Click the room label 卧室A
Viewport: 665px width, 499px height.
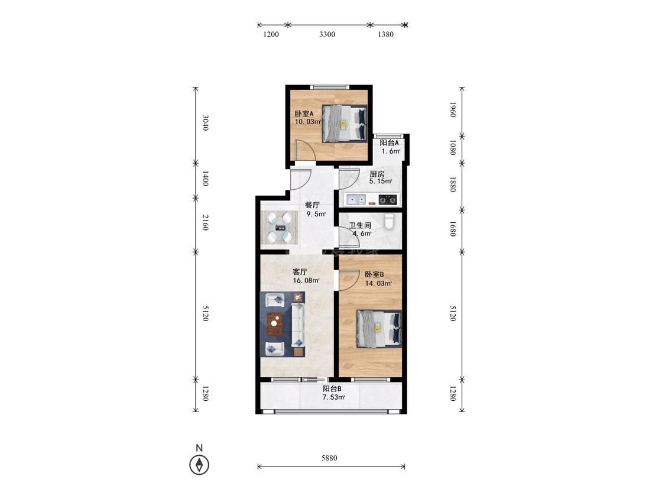click(304, 114)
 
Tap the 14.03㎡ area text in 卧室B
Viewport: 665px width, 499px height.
click(378, 283)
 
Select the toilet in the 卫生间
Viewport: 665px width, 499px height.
click(390, 221)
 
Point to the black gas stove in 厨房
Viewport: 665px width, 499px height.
click(388, 199)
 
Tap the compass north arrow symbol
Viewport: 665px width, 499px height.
click(199, 464)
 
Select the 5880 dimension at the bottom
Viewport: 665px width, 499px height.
click(329, 458)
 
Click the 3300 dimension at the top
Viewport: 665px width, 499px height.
click(327, 34)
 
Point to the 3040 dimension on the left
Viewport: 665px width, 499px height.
click(205, 122)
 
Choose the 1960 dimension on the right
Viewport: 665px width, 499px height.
click(452, 109)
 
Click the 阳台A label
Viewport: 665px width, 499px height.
click(389, 143)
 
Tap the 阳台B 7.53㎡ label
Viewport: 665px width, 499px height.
click(333, 393)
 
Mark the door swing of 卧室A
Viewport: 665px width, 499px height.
click(306, 150)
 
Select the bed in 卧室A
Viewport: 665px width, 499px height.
click(344, 124)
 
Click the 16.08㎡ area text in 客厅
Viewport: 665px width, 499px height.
click(306, 280)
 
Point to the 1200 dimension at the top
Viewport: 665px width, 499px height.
click(271, 34)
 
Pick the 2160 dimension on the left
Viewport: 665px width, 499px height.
click(205, 222)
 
